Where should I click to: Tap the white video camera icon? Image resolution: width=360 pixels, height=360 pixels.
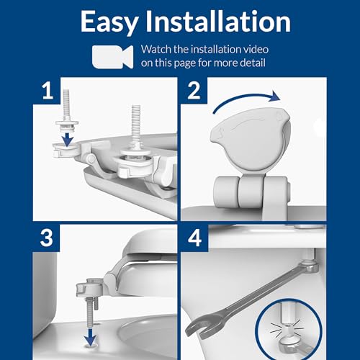point(113,55)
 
